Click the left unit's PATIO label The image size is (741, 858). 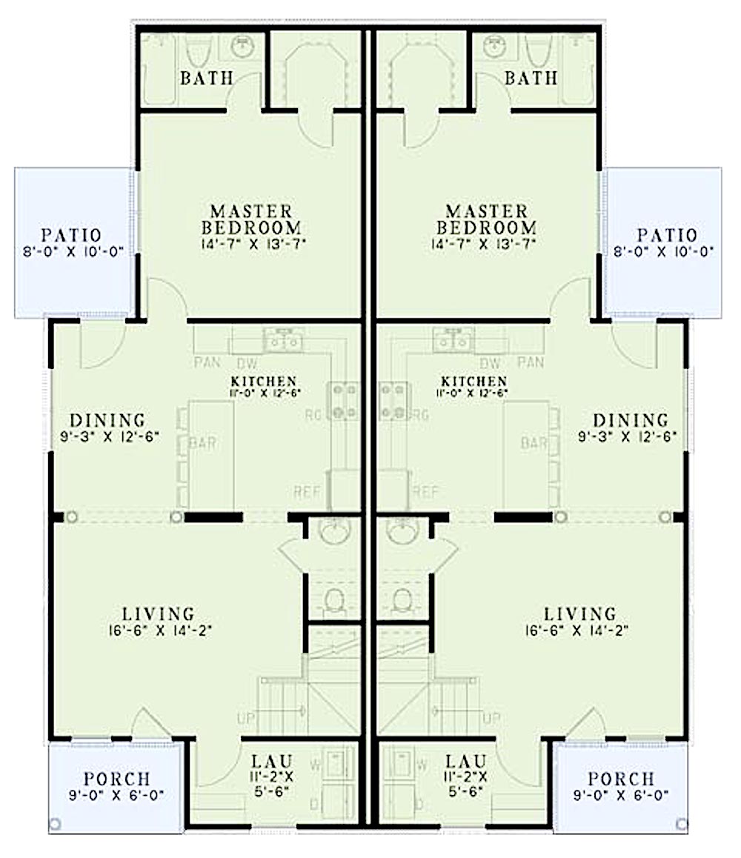72,236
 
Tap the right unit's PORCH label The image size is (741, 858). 621,779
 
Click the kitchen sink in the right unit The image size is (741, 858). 453,342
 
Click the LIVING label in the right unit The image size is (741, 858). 579,614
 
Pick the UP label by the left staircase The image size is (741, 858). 246,718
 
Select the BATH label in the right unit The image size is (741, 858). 531,78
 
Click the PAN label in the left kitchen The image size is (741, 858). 207,363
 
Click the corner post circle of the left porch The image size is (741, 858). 56,823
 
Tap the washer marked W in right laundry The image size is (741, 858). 404,764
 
